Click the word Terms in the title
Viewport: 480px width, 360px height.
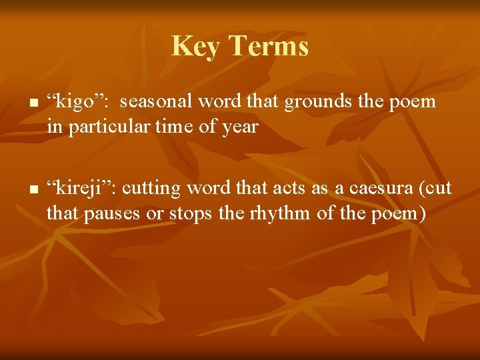[x=269, y=47]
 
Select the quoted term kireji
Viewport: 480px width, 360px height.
[x=78, y=189]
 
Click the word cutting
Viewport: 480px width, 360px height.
[x=157, y=189]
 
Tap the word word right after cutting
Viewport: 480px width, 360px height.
[x=207, y=189]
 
